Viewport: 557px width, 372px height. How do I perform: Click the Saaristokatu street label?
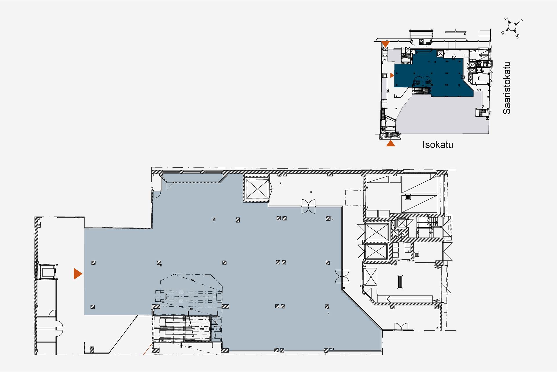coord(507,88)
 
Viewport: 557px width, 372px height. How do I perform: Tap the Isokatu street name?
coord(437,144)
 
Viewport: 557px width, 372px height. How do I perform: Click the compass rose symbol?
coord(512,27)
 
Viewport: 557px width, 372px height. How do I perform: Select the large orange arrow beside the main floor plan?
coord(77,274)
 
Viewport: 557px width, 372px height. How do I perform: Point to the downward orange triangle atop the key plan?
coord(385,44)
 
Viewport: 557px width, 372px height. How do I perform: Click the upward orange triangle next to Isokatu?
coord(390,143)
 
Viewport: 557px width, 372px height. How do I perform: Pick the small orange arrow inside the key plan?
coord(392,76)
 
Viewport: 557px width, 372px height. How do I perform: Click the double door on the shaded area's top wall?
coord(308,206)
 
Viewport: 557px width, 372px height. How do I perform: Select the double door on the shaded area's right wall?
coord(342,276)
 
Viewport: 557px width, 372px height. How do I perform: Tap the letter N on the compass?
coord(503,33)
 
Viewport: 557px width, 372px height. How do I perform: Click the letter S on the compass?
coord(521,21)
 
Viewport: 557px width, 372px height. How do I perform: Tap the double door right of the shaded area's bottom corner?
coord(401,327)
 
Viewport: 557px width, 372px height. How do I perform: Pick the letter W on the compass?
coord(518,36)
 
